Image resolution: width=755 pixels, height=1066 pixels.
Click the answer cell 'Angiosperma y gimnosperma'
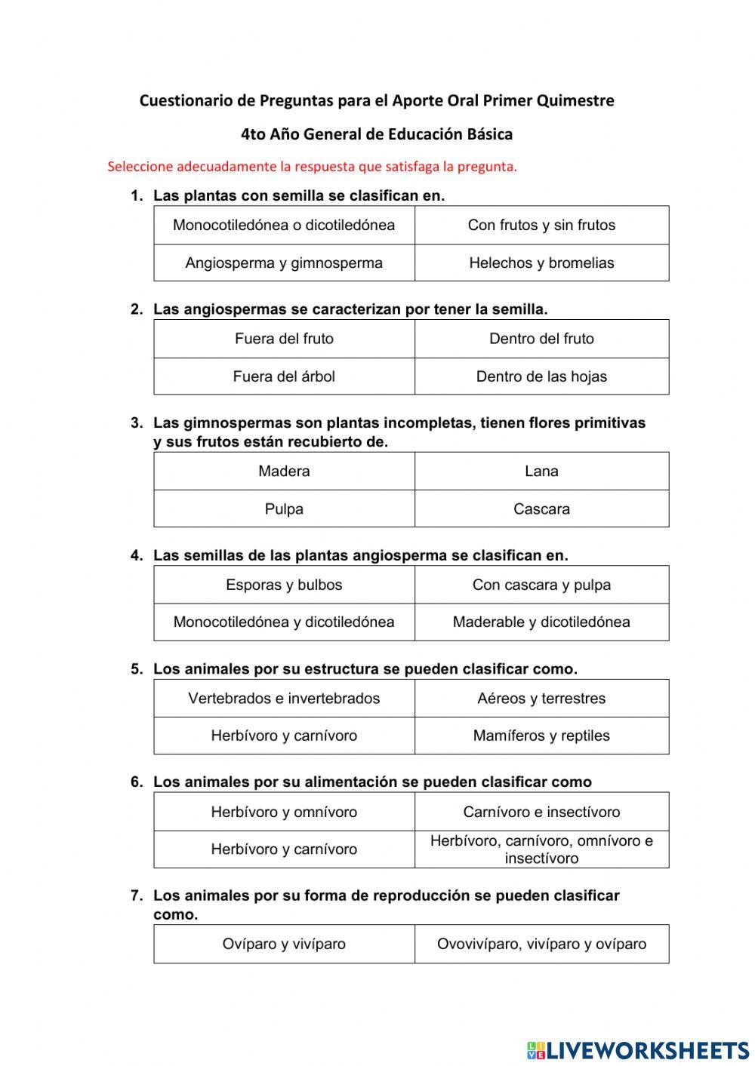tap(284, 263)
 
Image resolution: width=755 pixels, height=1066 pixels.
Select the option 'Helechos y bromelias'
tap(541, 263)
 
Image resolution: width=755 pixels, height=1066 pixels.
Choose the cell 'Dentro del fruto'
tap(541, 339)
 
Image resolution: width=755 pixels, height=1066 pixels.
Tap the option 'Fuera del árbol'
tap(284, 376)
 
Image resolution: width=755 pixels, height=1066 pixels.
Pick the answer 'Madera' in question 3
tap(284, 472)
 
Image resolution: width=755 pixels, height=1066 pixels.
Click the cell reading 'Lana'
tap(541, 472)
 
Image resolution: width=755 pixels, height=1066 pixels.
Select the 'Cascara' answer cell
tap(541, 509)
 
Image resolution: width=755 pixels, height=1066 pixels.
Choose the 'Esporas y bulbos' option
tap(284, 585)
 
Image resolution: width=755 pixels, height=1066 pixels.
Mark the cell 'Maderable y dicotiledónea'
tap(541, 622)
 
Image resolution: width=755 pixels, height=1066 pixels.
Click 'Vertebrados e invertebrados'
tap(284, 699)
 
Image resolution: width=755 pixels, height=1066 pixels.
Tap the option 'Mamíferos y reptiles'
tap(541, 736)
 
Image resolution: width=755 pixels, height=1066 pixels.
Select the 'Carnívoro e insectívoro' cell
tap(541, 813)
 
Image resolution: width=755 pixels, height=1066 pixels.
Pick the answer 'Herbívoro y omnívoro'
tap(284, 813)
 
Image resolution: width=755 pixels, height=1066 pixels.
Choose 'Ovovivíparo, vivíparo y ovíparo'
tap(541, 944)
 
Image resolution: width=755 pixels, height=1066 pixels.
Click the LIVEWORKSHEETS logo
tap(638, 1049)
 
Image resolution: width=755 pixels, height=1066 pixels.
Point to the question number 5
tap(137, 669)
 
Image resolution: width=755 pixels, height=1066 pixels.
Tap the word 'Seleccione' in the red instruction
tap(140, 167)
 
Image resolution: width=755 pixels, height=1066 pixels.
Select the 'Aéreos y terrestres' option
tap(541, 699)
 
